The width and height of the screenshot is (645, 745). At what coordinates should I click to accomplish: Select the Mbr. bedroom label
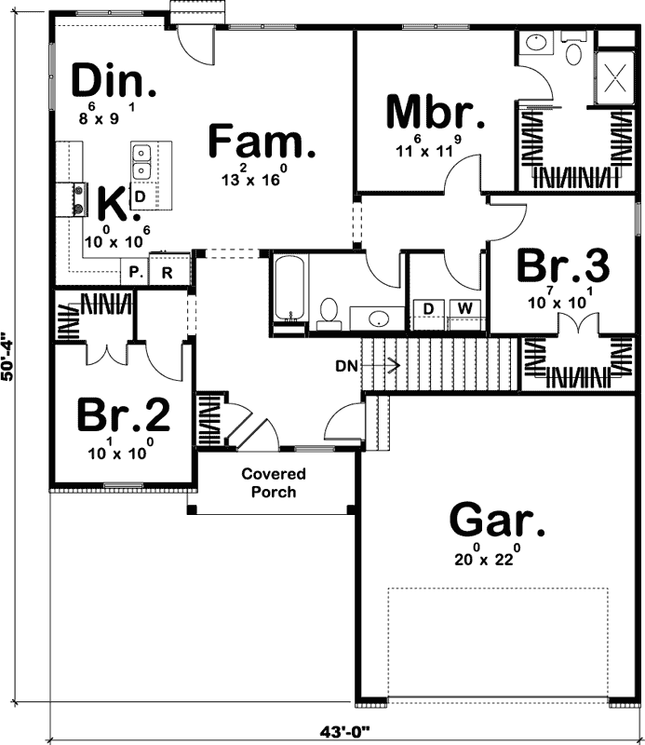pyautogui.click(x=435, y=113)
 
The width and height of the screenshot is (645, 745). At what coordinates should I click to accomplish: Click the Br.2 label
pyautogui.click(x=123, y=416)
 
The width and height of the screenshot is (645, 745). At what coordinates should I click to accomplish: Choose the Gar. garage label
pyautogui.click(x=497, y=520)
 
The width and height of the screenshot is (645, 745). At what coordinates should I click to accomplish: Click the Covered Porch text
pyautogui.click(x=274, y=482)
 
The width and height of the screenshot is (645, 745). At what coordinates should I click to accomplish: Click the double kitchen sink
pyautogui.click(x=142, y=162)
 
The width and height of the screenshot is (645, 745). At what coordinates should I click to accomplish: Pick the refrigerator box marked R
pyautogui.click(x=167, y=273)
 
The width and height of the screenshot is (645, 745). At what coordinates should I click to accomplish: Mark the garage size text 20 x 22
pyautogui.click(x=485, y=560)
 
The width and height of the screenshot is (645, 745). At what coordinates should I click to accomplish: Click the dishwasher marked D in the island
pyautogui.click(x=140, y=197)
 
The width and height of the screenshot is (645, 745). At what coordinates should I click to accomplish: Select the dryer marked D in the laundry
pyautogui.click(x=429, y=308)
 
